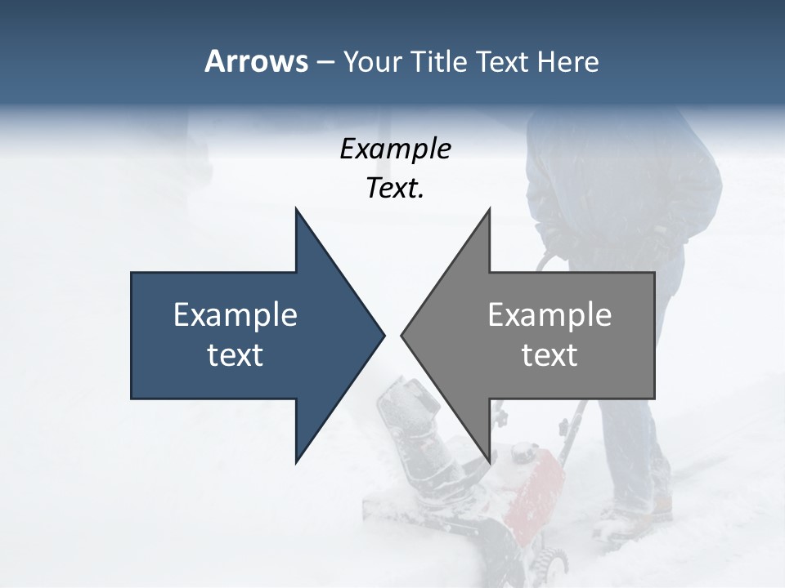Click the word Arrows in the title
tap(256, 61)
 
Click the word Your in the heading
tap(372, 61)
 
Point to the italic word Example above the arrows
tap(395, 149)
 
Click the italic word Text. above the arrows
tap(395, 188)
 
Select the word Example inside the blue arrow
tap(235, 315)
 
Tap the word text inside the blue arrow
tap(235, 355)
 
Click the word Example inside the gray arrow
tap(549, 315)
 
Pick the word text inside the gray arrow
tap(549, 355)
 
